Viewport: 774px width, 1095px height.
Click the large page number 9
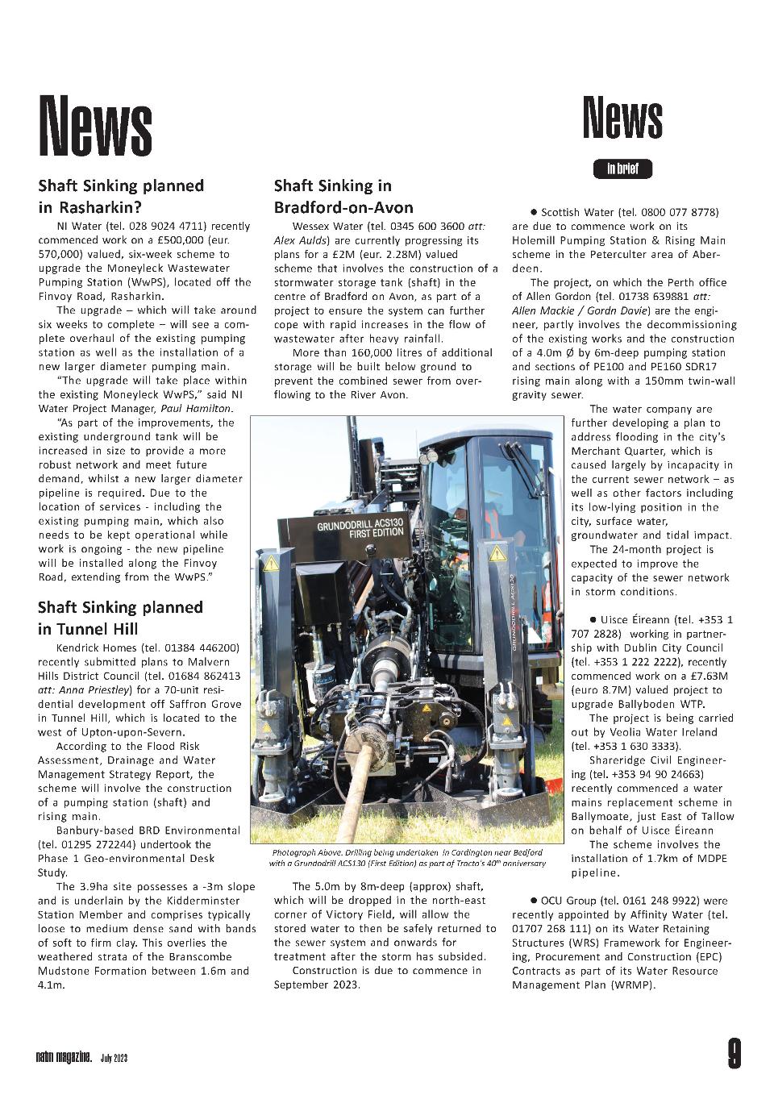[733, 1054]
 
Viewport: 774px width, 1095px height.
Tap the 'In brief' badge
[622, 169]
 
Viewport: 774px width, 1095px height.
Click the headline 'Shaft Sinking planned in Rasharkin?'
[121, 196]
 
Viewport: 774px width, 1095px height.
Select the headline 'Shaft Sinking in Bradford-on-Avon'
[343, 196]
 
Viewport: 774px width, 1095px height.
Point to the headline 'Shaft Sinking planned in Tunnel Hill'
[120, 618]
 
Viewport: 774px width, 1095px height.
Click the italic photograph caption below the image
[407, 857]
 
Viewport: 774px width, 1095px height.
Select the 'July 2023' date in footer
[114, 1057]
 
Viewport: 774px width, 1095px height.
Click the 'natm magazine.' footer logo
[63, 1056]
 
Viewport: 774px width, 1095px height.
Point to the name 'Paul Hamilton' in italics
[197, 409]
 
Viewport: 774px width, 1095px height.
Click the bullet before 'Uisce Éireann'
[593, 619]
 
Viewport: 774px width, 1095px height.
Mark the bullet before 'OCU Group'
[534, 899]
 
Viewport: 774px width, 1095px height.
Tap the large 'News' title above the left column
[96, 126]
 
